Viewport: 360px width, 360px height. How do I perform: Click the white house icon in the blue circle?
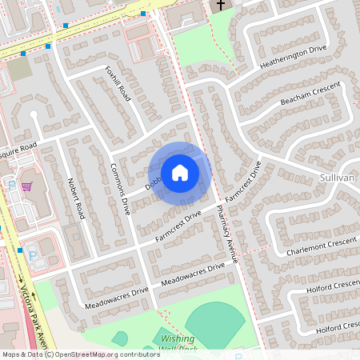click(179, 173)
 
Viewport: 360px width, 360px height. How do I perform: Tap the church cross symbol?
click(220, 6)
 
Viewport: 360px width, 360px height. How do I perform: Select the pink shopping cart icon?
click(26, 186)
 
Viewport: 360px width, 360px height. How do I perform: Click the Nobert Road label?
click(77, 198)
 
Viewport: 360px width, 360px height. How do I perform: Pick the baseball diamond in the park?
click(214, 323)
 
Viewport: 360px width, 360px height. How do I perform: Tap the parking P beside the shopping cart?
click(12, 184)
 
